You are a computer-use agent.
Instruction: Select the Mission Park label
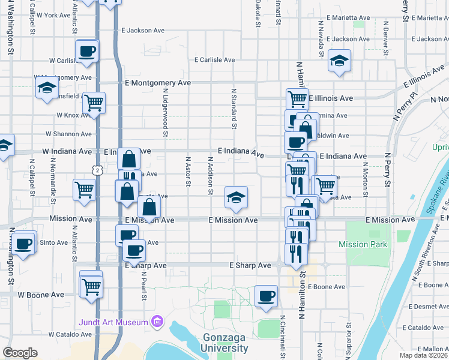[x=363, y=244]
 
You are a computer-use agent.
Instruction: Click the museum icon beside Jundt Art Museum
[x=157, y=323]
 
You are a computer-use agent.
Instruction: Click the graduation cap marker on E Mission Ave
[x=237, y=197]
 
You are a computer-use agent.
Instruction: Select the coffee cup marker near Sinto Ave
[x=23, y=245]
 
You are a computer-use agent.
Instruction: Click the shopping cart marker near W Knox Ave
[x=94, y=103]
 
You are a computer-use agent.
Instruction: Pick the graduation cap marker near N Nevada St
[x=339, y=60]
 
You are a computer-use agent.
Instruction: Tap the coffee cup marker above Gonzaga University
[x=266, y=296]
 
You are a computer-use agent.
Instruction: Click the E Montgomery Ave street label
[x=158, y=83]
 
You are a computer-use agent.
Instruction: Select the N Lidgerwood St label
[x=165, y=108]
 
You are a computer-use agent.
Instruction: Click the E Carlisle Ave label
[x=214, y=60]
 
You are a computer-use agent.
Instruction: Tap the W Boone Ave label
[x=41, y=295]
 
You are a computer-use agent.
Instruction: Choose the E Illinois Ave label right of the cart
[x=331, y=98]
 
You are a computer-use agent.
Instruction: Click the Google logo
[x=20, y=353]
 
